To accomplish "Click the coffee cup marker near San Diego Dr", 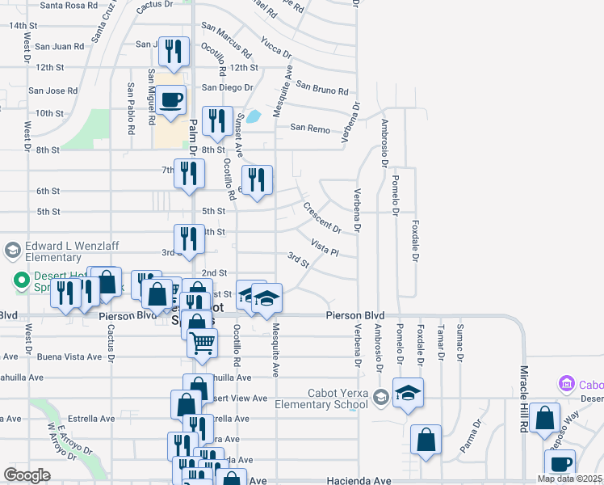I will point(171,101).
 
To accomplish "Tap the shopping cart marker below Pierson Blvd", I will point(202,343).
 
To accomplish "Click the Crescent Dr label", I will point(322,217).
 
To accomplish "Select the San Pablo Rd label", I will point(130,108).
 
